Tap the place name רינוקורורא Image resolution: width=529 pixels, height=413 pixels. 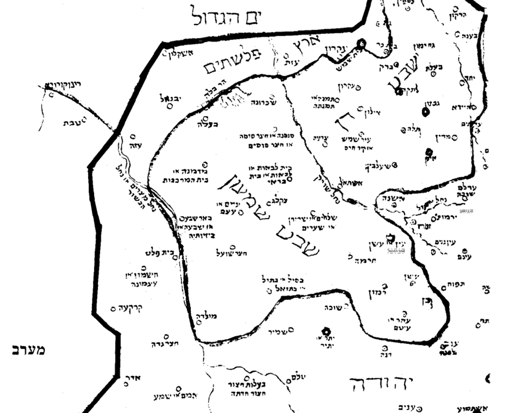[x=66, y=85]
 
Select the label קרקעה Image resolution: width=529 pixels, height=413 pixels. [x=130, y=309]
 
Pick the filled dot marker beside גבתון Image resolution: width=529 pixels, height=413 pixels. [x=425, y=112]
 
